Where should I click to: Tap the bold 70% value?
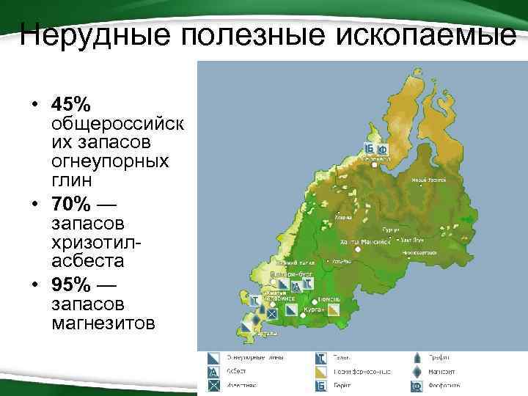(71, 202)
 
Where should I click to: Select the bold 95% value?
(71, 283)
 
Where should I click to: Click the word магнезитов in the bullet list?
(102, 323)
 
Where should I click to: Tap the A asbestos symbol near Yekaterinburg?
(296, 287)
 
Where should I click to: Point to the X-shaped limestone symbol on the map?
(271, 313)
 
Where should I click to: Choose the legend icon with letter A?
(213, 372)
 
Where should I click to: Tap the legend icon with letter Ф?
(415, 384)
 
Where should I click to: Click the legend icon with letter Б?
(321, 384)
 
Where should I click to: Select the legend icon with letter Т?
(321, 358)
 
